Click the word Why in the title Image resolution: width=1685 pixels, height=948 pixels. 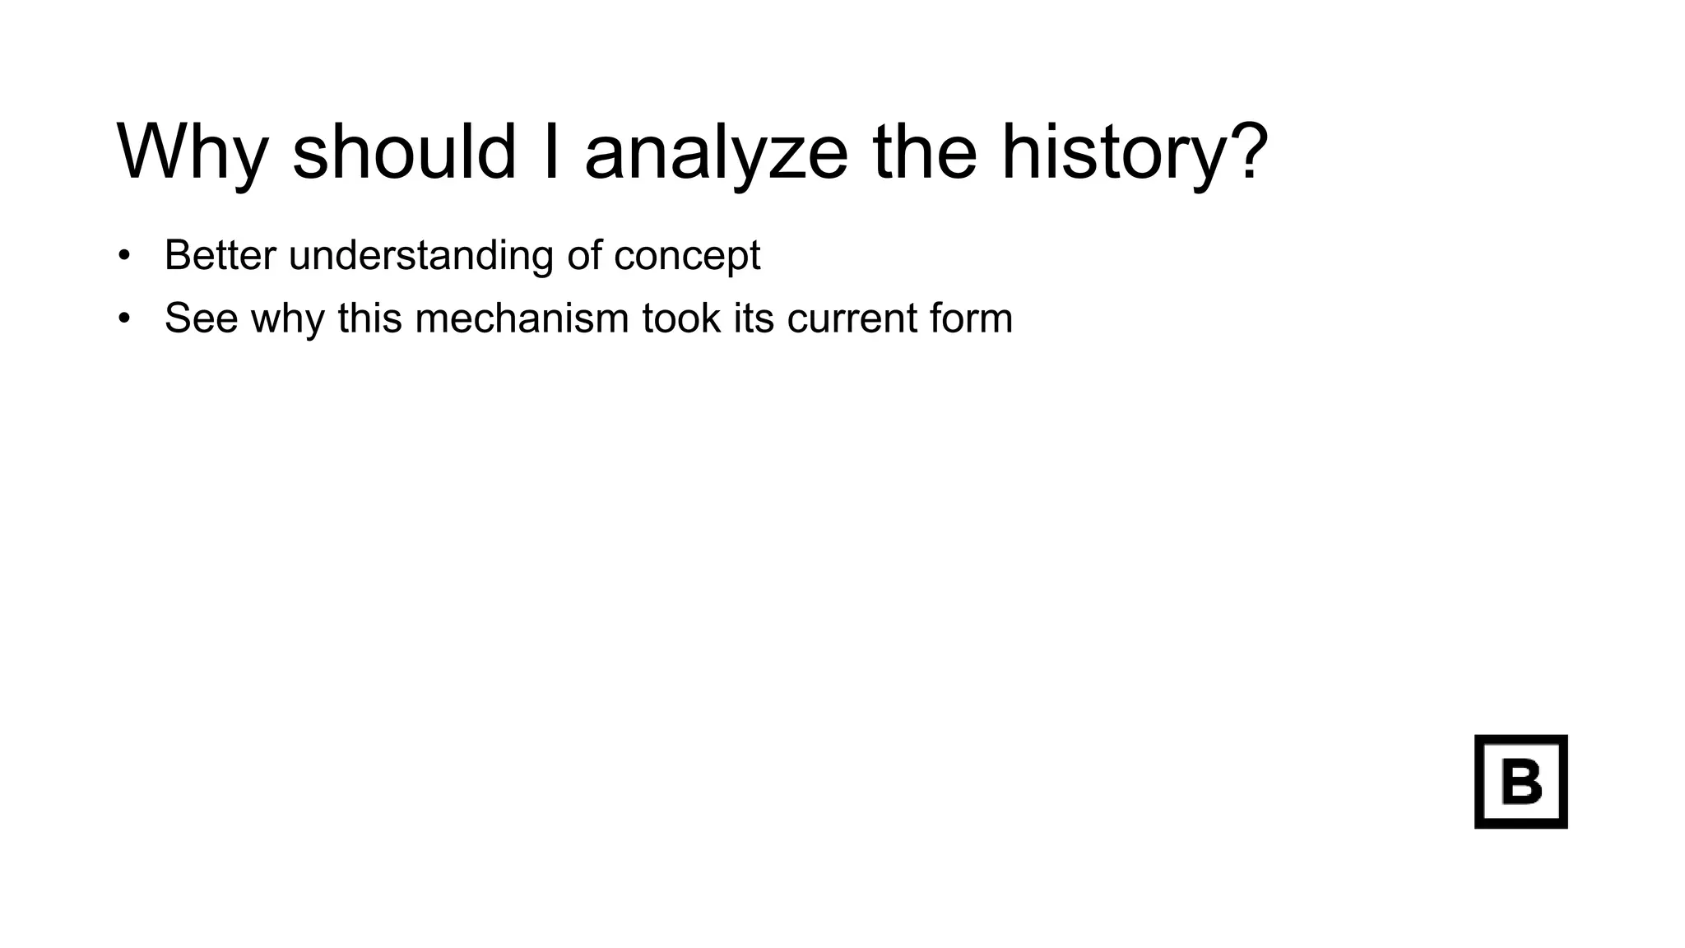tap(193, 153)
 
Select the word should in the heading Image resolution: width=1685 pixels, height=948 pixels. tap(404, 151)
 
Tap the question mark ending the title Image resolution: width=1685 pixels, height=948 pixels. tap(1245, 151)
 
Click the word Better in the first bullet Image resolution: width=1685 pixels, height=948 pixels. tap(220, 255)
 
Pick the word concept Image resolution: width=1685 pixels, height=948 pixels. tap(687, 257)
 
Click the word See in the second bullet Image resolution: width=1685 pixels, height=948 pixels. tap(201, 318)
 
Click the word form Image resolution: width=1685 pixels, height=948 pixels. tap(972, 318)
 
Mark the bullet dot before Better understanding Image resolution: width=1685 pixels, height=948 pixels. tap(124, 255)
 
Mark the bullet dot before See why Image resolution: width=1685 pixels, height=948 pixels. tap(124, 318)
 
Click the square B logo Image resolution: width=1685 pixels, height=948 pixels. tap(1520, 781)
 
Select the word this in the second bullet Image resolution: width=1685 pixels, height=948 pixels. tap(369, 318)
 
